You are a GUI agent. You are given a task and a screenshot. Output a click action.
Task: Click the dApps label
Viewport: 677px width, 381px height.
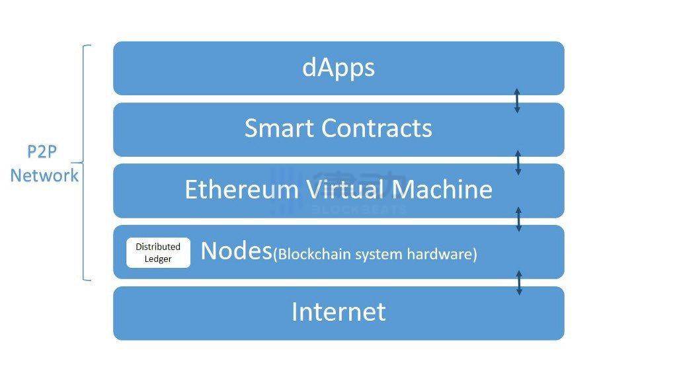point(338,68)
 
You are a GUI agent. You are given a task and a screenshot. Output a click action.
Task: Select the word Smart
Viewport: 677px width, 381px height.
point(279,128)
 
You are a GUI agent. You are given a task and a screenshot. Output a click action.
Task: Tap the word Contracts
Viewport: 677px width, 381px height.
point(376,128)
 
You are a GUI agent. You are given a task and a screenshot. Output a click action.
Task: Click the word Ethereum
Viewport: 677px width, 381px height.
point(242,190)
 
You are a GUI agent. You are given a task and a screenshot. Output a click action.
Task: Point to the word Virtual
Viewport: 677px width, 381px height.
point(345,190)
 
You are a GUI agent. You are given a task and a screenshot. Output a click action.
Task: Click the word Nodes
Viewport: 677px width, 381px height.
point(236,251)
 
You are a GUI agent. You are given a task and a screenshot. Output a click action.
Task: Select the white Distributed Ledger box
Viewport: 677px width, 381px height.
point(158,253)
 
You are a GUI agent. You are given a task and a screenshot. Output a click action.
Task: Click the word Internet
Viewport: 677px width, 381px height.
point(338,312)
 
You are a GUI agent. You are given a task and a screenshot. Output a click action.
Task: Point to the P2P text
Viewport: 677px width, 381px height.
point(42,151)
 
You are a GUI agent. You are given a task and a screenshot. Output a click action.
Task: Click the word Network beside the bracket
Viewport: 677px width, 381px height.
point(44,176)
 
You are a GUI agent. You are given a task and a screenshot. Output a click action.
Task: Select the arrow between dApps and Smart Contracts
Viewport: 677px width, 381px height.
point(517,101)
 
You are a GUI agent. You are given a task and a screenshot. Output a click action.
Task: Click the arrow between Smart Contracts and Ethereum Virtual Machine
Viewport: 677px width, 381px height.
point(518,163)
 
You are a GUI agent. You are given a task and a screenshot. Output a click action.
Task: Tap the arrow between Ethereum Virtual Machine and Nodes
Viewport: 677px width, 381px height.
point(518,219)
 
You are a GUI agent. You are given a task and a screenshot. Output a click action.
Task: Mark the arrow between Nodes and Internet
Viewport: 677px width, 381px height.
point(519,283)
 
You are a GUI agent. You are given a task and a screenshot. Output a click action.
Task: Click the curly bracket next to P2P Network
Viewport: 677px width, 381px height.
point(83,163)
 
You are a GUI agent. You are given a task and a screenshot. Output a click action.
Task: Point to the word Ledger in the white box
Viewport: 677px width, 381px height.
point(158,259)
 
